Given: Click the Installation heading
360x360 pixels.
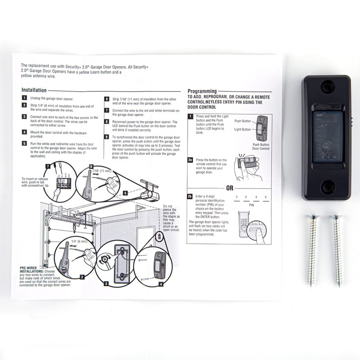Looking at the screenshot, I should click(33, 90).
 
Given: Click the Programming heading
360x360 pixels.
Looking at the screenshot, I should click(202, 91).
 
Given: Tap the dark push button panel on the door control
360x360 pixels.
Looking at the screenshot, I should click(327, 135).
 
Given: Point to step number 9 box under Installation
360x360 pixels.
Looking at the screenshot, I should click(107, 136).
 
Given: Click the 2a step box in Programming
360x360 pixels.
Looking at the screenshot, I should click(190, 160).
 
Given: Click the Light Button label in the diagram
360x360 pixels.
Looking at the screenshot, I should click(243, 129).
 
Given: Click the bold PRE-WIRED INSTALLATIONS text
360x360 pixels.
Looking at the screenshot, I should click(31, 269).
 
